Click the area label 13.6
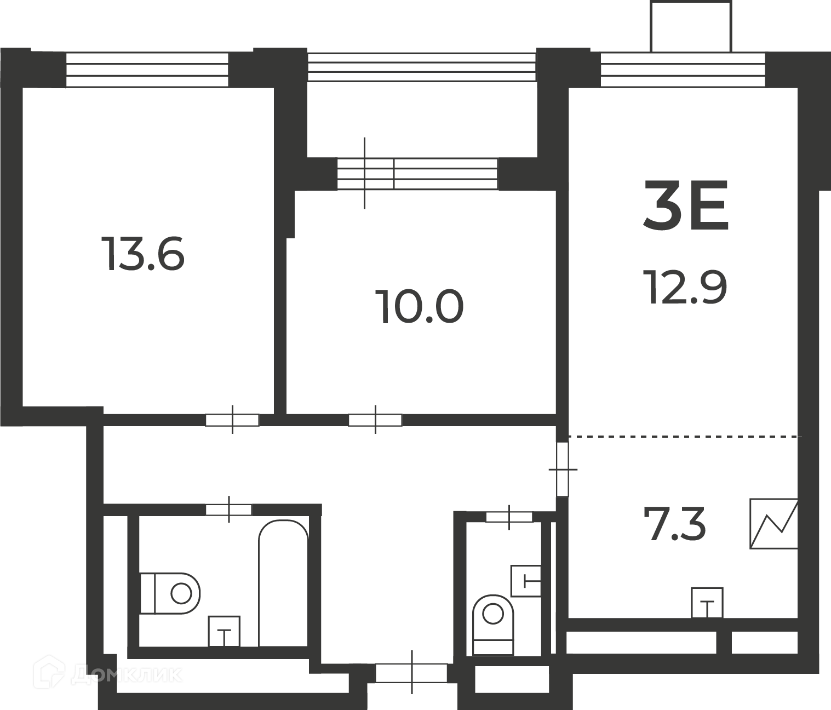143,253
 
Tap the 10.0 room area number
419,306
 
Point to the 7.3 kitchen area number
675,523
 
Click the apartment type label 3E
686,205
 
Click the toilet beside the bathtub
170,593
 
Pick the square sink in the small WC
526,581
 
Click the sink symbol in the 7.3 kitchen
707,603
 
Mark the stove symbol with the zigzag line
773,523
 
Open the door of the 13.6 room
232,420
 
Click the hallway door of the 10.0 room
375,420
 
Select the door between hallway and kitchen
563,469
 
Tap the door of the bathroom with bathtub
229,510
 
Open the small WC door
509,517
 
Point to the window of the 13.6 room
147,70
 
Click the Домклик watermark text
127,675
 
